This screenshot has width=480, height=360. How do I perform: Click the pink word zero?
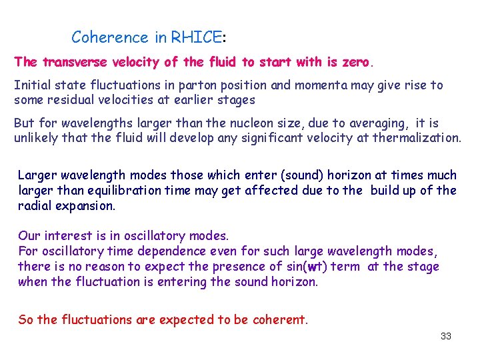coord(353,62)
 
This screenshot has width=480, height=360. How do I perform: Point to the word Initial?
coord(31,85)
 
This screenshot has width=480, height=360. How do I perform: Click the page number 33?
coord(445,336)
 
